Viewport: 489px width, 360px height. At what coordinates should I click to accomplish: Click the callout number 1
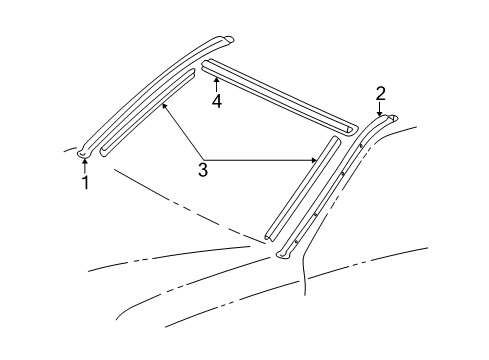(x=85, y=182)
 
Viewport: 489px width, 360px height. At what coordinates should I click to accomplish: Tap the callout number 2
(x=380, y=93)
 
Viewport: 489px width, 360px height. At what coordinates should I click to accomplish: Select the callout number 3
(x=203, y=170)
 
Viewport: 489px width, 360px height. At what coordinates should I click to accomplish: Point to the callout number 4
(x=215, y=99)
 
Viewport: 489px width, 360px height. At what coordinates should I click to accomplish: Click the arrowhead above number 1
(x=84, y=160)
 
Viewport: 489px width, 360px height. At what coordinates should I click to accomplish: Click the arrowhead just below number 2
(x=380, y=114)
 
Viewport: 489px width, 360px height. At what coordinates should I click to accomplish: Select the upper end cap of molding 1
(x=228, y=40)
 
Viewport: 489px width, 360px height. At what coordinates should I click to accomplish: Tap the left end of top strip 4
(x=207, y=66)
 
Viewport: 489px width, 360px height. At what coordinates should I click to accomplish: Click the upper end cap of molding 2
(x=391, y=118)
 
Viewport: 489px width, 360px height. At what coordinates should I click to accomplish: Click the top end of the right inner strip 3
(x=336, y=141)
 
